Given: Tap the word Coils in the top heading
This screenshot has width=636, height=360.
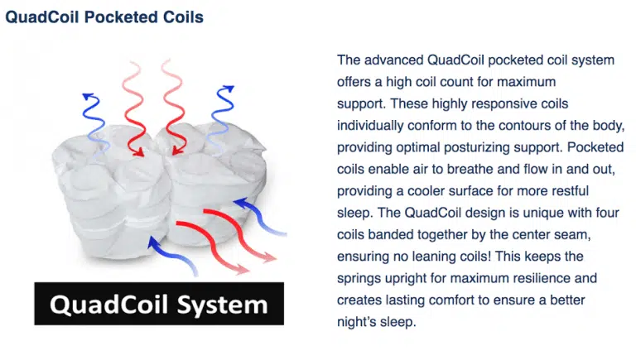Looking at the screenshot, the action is pyautogui.click(x=183, y=17).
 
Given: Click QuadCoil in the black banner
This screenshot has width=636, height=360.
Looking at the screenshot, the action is pyautogui.click(x=108, y=305).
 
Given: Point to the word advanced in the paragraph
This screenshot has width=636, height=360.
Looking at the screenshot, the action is pyautogui.click(x=394, y=60).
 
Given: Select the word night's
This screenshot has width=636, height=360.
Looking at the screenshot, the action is pyautogui.click(x=355, y=322).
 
